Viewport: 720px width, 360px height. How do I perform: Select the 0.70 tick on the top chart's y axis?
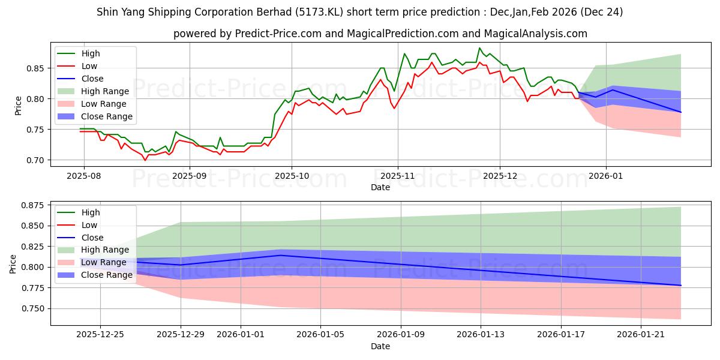pos(37,160)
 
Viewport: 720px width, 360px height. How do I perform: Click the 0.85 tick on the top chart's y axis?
pos(37,68)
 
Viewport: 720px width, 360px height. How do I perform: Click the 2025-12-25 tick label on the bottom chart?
pos(100,333)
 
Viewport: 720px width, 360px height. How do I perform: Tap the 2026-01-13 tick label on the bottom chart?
pos(481,333)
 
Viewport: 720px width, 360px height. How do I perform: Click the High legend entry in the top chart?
pos(91,53)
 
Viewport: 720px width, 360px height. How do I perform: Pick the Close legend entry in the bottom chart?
pos(92,238)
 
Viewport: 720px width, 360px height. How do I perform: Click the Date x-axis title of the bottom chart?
pos(380,346)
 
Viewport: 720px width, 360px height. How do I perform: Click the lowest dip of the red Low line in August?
pos(145,160)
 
